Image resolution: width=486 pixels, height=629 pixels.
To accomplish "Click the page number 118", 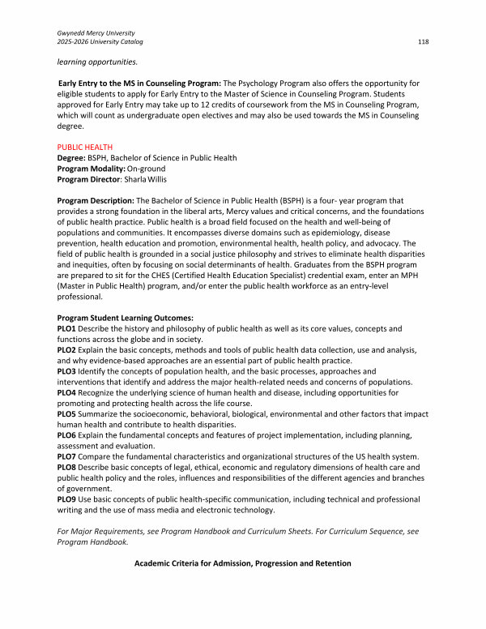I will (x=423, y=41).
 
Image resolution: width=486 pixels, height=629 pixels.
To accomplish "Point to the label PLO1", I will (x=67, y=328).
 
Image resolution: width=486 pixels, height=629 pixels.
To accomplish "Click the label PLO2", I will (x=67, y=349).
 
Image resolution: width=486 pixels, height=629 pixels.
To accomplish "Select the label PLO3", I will (x=67, y=371).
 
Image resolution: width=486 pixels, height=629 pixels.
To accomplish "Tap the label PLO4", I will (x=67, y=392).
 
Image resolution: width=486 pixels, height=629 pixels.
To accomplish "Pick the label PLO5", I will (x=67, y=413).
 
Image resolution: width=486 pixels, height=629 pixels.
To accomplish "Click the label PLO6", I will (x=67, y=434).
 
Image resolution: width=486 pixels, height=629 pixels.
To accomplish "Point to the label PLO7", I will (x=67, y=456).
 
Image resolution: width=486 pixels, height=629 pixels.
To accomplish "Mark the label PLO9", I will (x=67, y=498).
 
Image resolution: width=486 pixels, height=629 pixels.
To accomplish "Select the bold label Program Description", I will (x=95, y=200).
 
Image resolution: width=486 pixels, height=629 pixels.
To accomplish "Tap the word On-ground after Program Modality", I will (x=147, y=168).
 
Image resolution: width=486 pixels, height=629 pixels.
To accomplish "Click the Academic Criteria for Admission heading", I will (x=242, y=563).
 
